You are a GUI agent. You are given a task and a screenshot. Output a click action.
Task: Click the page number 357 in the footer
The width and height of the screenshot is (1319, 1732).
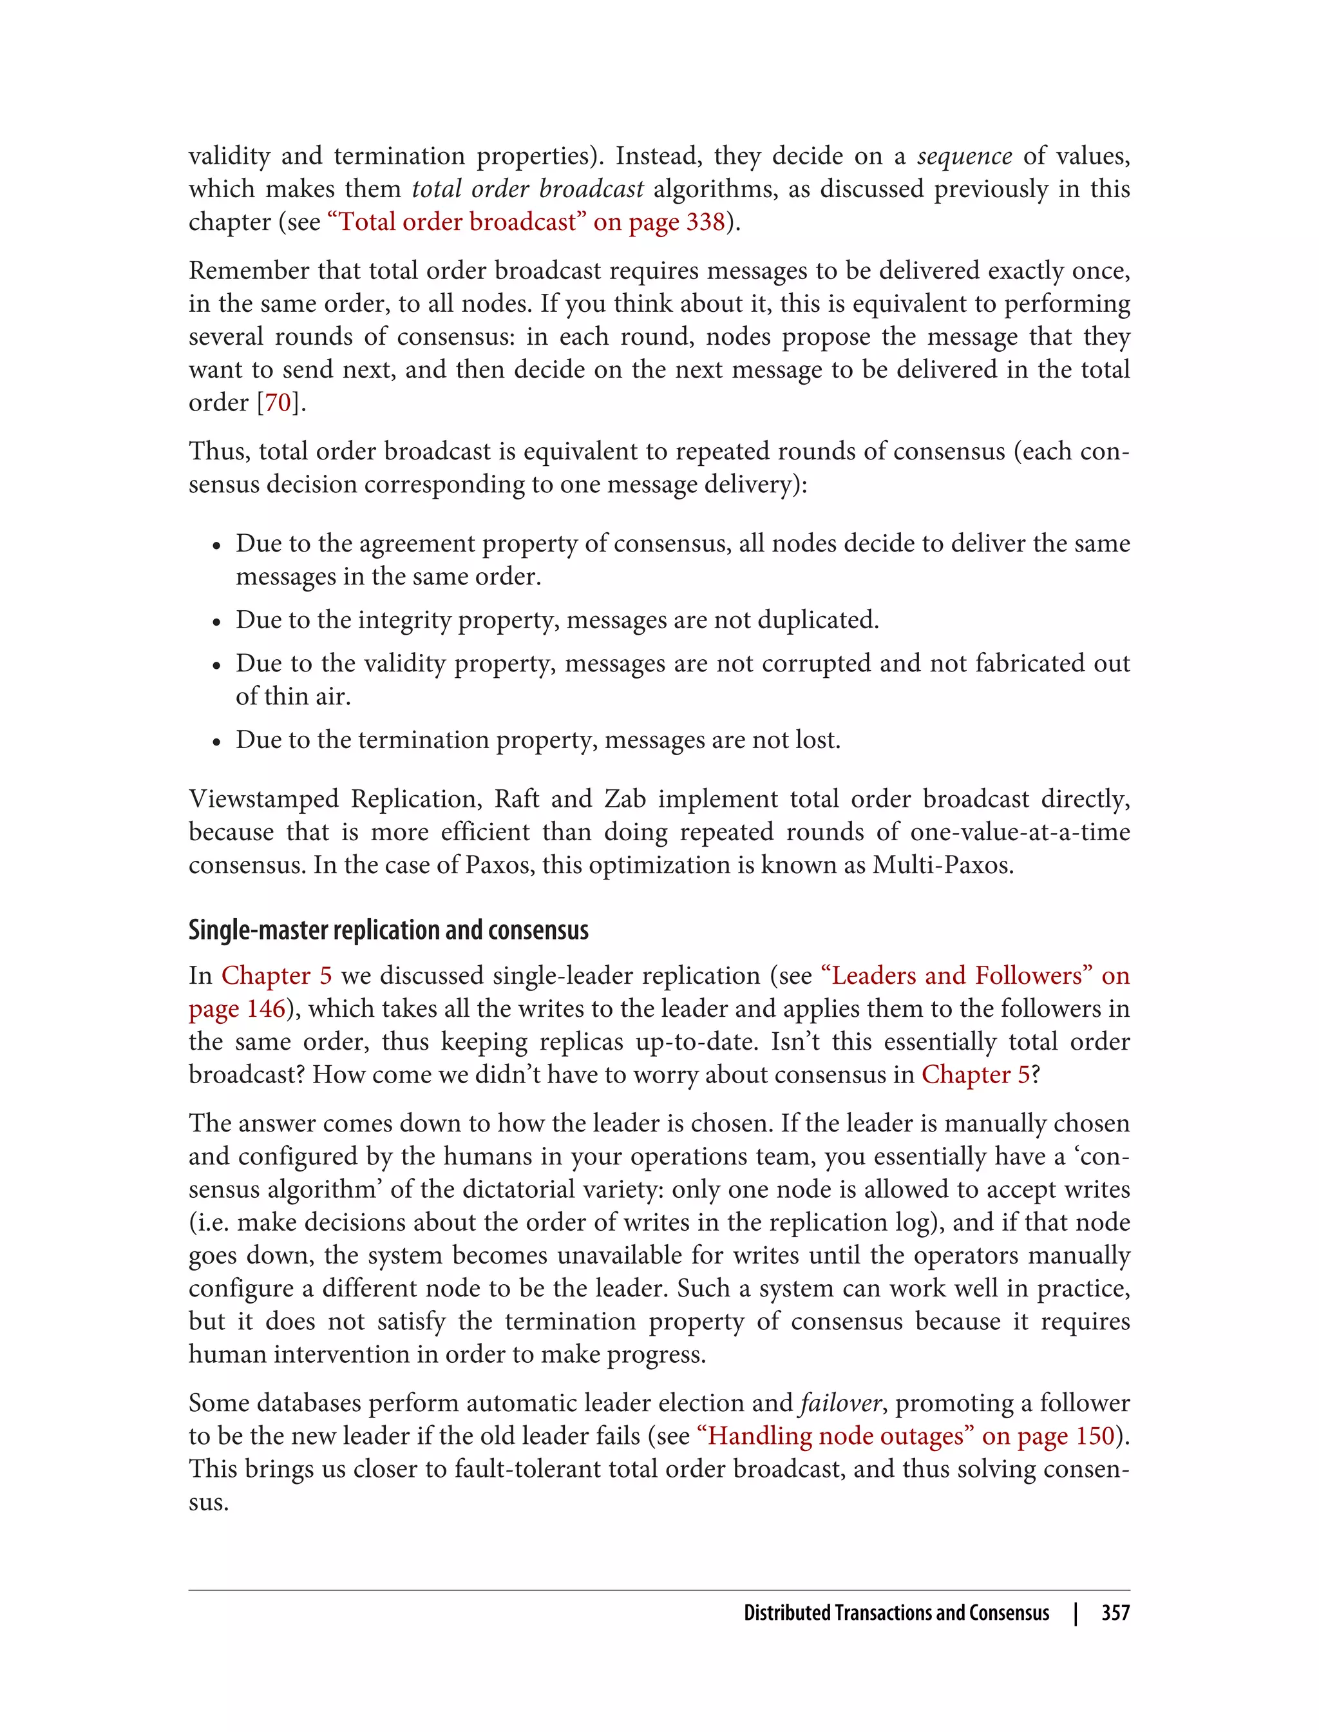click(1115, 1613)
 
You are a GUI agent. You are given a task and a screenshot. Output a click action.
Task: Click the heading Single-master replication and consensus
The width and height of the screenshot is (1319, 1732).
click(388, 930)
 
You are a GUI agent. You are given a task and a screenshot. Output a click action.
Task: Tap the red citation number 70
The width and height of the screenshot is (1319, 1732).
click(278, 402)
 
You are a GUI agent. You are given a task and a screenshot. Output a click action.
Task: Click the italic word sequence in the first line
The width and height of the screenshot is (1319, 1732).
click(964, 157)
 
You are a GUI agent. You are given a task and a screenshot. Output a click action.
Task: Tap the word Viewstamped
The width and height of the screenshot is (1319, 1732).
click(264, 799)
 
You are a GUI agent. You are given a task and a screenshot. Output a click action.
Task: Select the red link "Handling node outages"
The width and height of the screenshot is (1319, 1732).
click(836, 1436)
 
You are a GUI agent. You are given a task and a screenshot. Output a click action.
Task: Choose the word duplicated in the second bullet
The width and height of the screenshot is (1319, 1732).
click(817, 620)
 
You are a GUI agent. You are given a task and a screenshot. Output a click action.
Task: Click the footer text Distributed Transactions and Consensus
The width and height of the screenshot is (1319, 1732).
click(896, 1613)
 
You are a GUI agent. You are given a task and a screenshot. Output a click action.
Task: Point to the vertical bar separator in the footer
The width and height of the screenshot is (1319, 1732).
click(1076, 1613)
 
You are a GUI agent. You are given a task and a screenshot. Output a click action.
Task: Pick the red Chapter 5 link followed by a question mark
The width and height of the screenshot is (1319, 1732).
click(974, 1075)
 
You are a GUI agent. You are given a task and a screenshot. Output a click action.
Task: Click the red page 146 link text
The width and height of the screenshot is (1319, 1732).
click(236, 1008)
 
